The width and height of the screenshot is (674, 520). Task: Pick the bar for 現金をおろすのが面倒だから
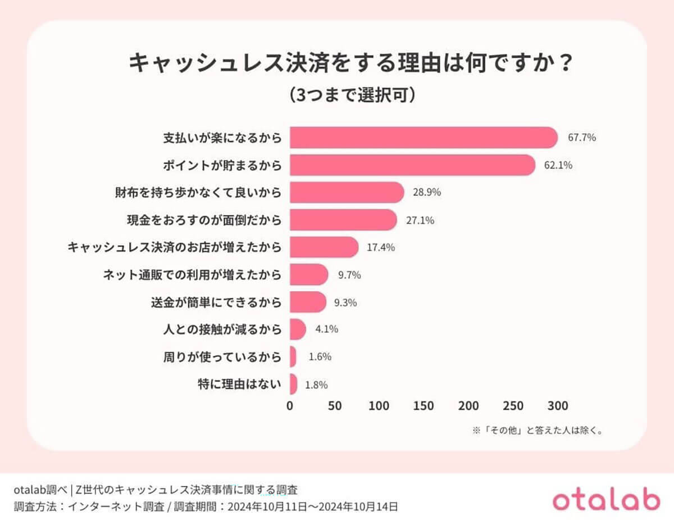point(343,220)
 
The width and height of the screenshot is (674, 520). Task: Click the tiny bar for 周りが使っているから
point(293,356)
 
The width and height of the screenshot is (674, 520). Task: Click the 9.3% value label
point(345,302)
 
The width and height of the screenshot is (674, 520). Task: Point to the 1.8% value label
point(316,385)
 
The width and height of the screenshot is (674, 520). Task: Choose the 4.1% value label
point(325,329)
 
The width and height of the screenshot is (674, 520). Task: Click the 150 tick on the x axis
point(423,405)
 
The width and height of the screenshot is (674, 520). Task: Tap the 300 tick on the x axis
point(557,405)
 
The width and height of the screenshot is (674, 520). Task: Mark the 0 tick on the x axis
point(290,405)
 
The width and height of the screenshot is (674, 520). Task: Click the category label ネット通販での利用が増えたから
point(192,275)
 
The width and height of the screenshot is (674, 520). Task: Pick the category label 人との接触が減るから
point(221,329)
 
